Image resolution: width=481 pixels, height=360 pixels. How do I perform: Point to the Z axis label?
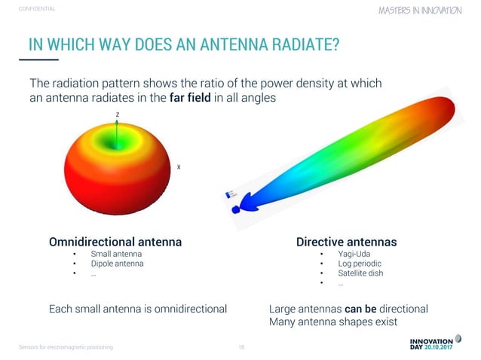point(117,114)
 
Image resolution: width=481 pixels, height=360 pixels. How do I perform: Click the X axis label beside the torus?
point(178,166)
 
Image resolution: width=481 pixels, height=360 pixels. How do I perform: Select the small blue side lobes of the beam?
point(240,206)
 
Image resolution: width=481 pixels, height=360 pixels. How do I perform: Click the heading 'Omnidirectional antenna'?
point(115,243)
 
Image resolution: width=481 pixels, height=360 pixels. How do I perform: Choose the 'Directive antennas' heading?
point(346,243)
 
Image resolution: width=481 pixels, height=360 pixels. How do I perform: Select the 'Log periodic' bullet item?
point(360,264)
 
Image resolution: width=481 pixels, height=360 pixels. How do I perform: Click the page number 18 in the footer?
point(241,347)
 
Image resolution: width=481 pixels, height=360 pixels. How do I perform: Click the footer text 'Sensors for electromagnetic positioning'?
point(66,347)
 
